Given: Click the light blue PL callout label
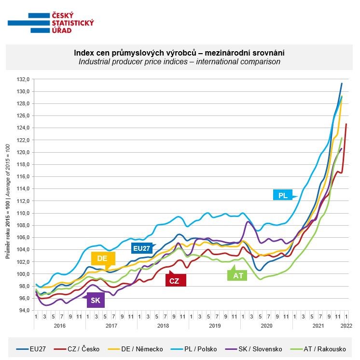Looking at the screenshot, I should tap(283, 195).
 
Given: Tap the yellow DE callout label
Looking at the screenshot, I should tap(102, 259).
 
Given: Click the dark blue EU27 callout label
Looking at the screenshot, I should tap(142, 248).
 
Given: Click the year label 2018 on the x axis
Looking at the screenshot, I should tap(163, 326).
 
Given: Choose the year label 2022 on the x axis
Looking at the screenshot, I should tap(346, 326).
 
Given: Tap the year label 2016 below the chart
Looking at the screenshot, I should tap(59, 326).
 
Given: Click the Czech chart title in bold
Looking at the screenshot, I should tap(180, 52).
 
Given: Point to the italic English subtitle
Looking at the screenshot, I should tap(180, 62).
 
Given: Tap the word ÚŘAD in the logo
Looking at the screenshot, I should tap(61, 30).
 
